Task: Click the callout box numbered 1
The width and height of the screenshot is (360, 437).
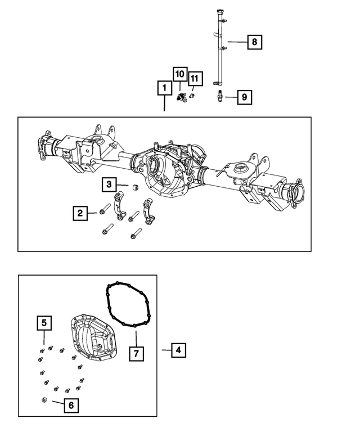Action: pos(164,88)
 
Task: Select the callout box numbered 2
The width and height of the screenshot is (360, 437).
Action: pos(80,213)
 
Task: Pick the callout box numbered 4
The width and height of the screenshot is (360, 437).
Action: pos(178,350)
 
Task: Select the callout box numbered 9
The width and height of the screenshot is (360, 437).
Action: pos(244,97)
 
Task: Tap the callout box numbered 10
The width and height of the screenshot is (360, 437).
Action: pos(179,75)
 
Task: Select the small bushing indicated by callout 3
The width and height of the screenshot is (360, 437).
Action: pos(135,187)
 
